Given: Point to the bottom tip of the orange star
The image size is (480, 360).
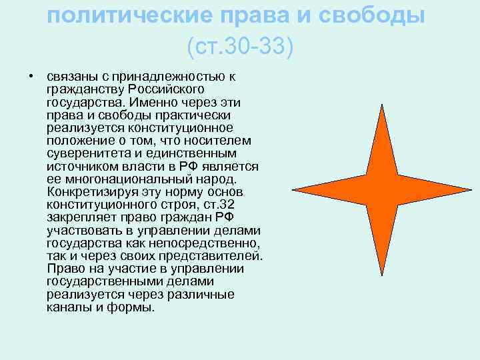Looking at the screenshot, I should [x=381, y=274].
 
